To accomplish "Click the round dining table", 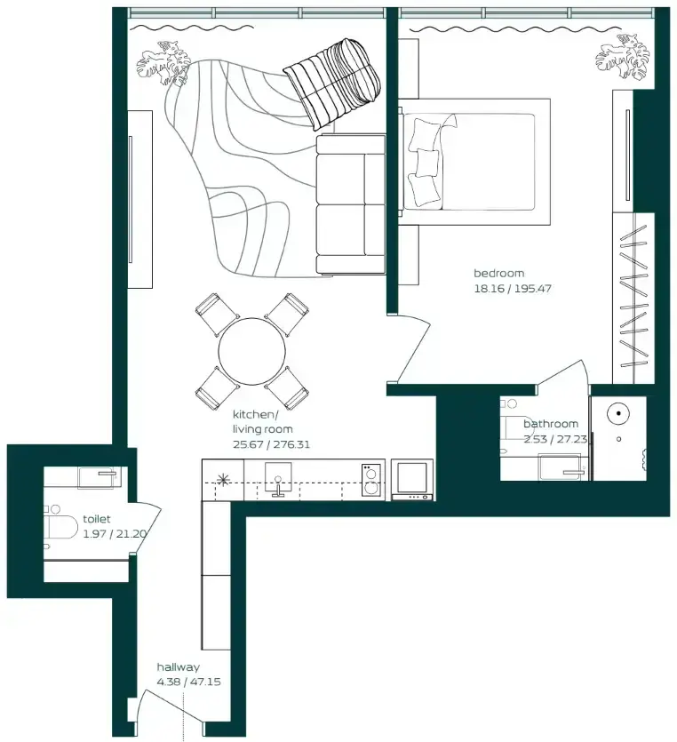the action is pos(252,351).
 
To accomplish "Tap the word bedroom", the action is pos(498,273).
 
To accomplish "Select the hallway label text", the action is pos(178,667).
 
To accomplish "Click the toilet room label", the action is pos(97,519).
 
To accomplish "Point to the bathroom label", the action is pos(551,424).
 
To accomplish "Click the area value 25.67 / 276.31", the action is pos(271,445).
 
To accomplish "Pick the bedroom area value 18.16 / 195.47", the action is pos(513,288).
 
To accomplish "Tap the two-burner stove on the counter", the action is pos(371,480).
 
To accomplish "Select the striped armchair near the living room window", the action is pos(333,83).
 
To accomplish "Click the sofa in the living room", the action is pos(351,204).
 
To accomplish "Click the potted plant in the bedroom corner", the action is pos(623,57).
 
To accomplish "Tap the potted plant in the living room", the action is pos(163,63).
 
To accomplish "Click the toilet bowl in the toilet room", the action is pos(60,527).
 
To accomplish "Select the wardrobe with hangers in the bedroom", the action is pos(633,298).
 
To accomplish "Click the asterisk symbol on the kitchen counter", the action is pos(222,480).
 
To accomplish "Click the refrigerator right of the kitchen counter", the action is pos(412,479).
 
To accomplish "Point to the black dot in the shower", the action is pos(618,413).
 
